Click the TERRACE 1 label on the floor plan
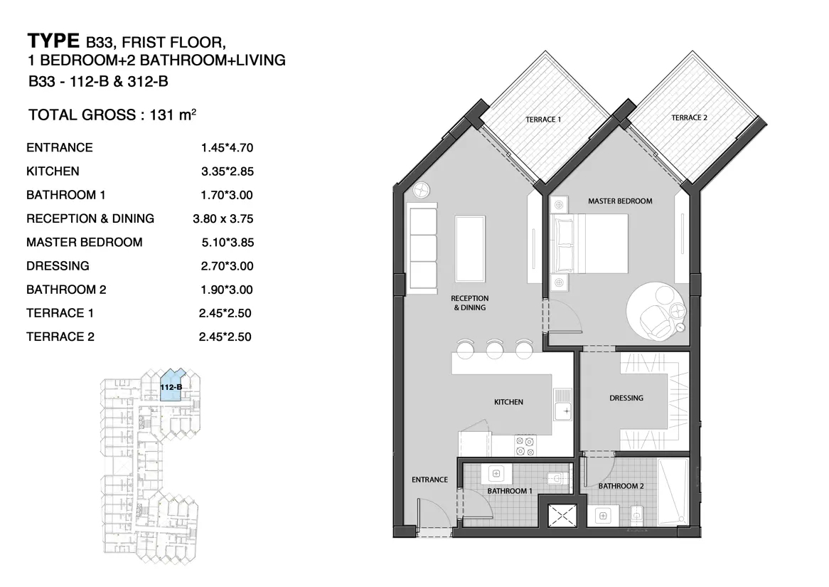543,120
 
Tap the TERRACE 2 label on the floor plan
689,117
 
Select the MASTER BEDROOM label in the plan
620,201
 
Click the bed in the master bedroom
589,243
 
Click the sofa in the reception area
422,248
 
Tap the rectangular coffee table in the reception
470,249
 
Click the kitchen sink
562,404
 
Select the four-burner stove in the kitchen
525,445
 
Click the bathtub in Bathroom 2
673,492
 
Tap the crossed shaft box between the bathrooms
562,516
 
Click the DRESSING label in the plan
626,398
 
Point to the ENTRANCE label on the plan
429,480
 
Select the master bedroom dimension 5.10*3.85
228,243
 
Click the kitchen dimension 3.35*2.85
228,171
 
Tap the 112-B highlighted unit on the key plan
171,387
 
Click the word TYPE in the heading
53,41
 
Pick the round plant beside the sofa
422,190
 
